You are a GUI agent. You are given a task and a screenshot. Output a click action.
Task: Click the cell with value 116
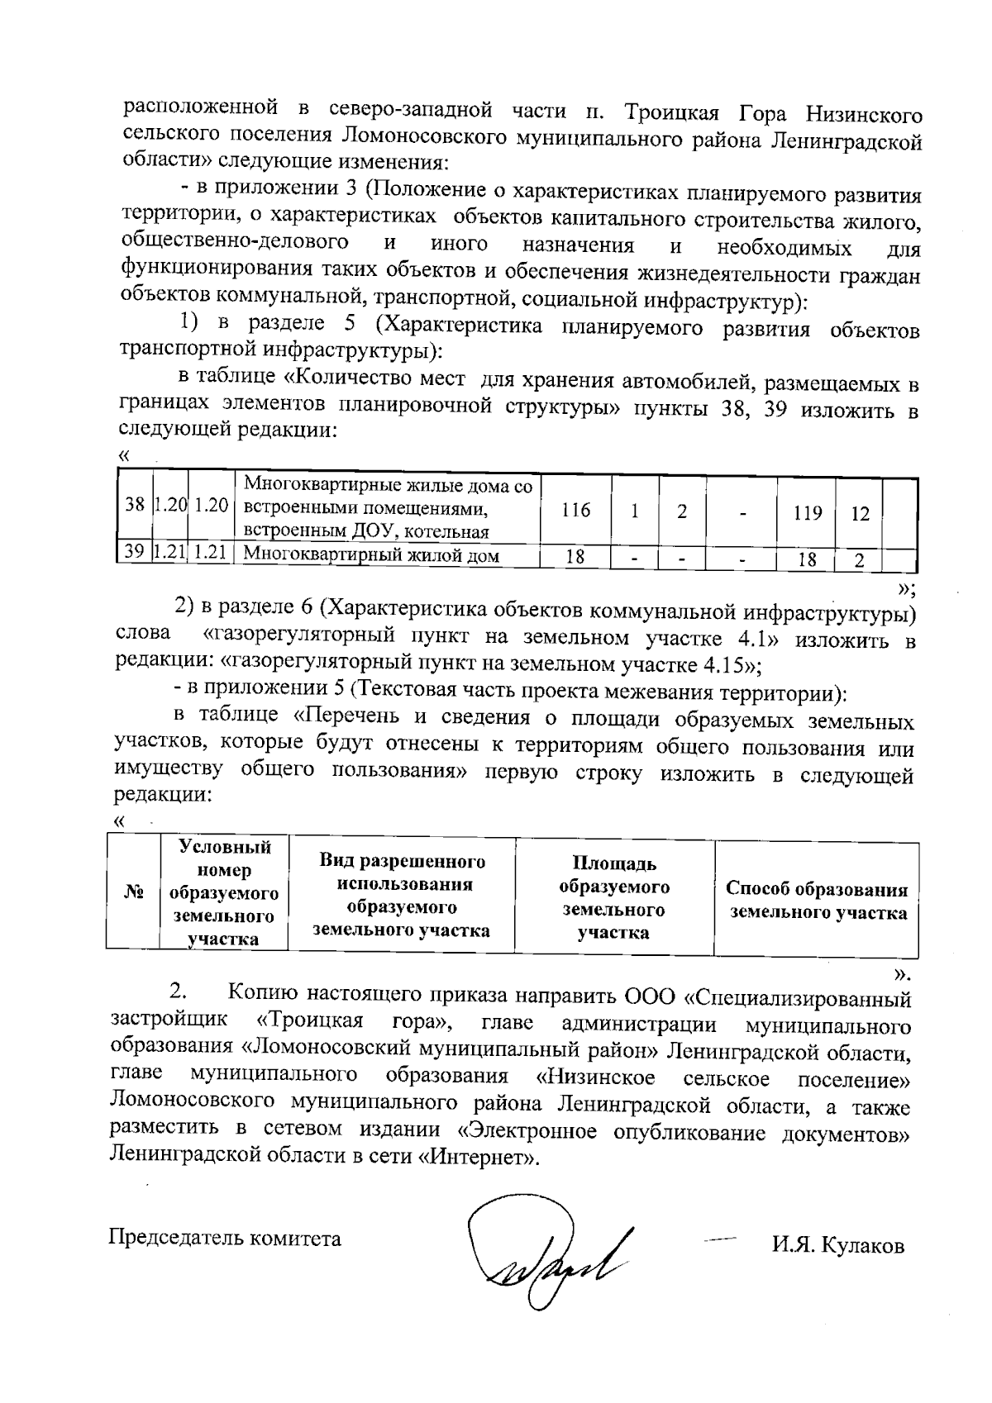coord(575,511)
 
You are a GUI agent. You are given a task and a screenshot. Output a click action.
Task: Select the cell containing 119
coord(806,513)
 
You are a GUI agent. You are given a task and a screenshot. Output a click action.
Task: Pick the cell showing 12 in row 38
coord(861,513)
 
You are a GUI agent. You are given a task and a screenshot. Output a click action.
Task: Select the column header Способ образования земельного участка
coord(817,901)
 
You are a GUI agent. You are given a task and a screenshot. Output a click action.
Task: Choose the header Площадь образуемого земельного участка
coord(613,898)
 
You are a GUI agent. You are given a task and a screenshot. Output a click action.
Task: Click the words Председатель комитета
coord(226,1239)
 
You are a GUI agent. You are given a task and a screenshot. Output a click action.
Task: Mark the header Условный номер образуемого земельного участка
coord(224,892)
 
